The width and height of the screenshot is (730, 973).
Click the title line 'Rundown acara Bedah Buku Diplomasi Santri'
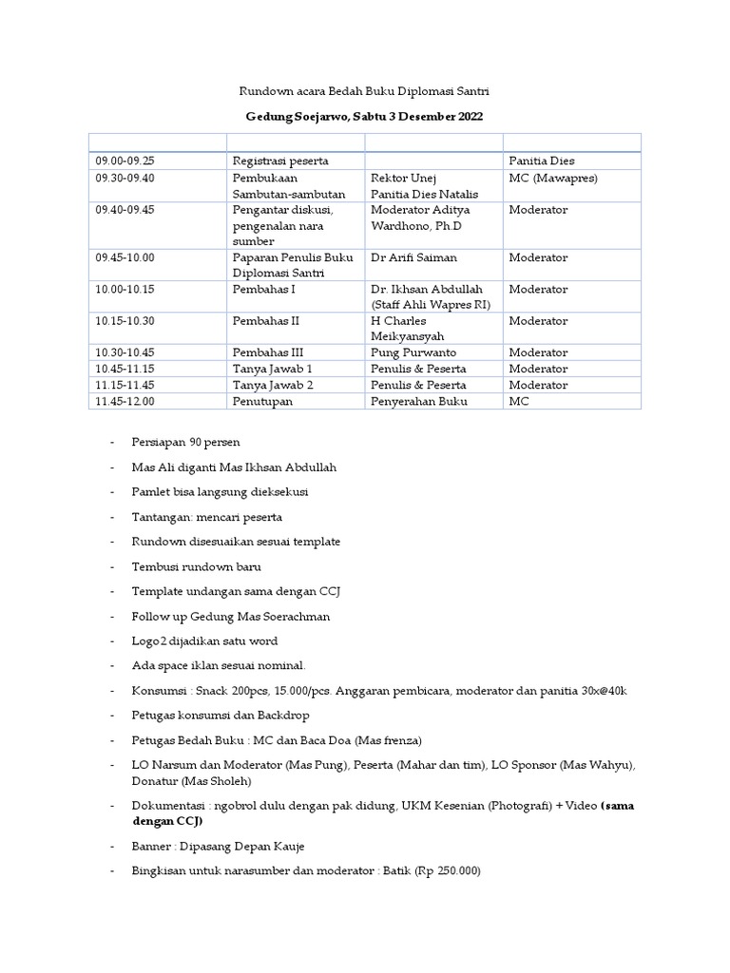(364, 91)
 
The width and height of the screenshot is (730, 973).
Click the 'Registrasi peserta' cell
(280, 161)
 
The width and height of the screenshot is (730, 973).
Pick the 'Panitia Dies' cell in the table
(541, 161)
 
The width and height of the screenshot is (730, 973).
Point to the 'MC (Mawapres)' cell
(553, 178)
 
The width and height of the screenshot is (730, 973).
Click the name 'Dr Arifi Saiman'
(413, 258)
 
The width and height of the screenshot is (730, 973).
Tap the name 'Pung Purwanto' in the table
(412, 353)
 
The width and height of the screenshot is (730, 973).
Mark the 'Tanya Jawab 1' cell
(273, 369)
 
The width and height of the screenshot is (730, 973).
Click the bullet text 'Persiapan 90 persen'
(186, 443)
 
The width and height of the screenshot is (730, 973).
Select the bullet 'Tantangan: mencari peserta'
(207, 517)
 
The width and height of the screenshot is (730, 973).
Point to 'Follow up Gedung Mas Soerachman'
(232, 616)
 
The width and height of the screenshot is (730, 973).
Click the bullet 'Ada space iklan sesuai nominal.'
(220, 665)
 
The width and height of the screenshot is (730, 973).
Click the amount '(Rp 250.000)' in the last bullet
(447, 870)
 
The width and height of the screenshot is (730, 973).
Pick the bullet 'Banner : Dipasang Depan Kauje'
(219, 846)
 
